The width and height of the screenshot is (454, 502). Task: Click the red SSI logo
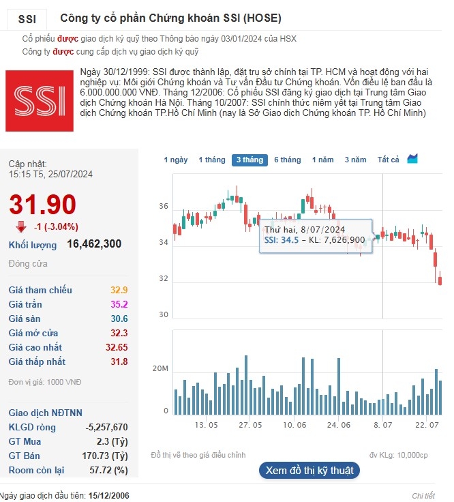click(40, 100)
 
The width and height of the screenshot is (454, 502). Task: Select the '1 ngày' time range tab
click(175, 160)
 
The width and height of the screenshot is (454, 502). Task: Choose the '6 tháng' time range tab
click(287, 160)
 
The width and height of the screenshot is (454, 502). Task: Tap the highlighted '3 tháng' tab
click(249, 160)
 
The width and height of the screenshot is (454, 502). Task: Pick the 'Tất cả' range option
click(388, 160)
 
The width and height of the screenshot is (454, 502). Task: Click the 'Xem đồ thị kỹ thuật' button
click(309, 470)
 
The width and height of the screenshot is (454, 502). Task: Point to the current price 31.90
click(42, 205)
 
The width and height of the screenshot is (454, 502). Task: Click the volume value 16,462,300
click(94, 244)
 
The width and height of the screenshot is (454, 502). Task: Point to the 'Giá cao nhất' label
click(35, 347)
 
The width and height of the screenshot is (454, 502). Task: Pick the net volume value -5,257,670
click(106, 427)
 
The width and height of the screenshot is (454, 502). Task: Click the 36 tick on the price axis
click(163, 205)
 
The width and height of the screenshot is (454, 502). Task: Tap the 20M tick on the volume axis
click(160, 369)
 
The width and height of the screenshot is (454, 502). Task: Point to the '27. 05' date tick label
click(249, 424)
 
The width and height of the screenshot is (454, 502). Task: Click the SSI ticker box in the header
click(27, 19)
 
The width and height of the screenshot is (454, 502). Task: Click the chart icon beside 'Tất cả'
click(412, 159)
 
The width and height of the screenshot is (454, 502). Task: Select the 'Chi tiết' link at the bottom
click(423, 495)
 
